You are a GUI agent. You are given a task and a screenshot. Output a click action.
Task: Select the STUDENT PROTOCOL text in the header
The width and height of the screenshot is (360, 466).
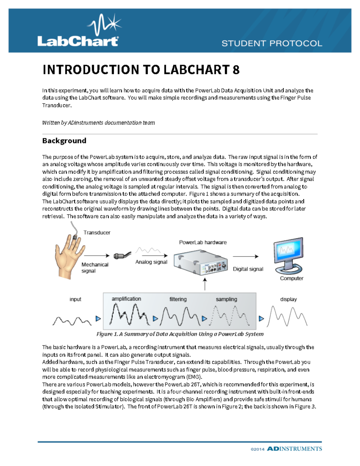point(272,44)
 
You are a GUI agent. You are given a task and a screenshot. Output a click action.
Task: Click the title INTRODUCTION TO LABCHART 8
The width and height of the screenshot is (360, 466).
point(141,70)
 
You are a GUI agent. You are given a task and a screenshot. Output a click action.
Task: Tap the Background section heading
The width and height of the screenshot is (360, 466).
point(64,141)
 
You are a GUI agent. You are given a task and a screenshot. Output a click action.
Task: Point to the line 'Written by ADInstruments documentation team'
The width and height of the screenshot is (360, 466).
point(98,123)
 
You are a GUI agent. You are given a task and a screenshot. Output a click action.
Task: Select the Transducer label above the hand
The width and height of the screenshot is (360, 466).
point(97,233)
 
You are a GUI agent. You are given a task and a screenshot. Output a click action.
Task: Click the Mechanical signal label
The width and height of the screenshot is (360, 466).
point(94,268)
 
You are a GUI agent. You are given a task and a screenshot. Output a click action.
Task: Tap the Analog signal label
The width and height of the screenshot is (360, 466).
point(151,262)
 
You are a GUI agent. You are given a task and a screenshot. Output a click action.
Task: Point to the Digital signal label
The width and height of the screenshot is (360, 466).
point(248,269)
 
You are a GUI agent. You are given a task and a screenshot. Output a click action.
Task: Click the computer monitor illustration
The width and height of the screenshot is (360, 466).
point(288,255)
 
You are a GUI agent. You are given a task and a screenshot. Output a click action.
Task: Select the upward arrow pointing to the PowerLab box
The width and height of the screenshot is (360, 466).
point(205,284)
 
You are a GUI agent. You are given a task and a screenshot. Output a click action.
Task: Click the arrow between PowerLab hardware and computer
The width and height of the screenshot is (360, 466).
point(245,257)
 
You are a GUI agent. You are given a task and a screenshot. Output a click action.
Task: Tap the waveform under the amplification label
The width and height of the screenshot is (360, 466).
point(129,315)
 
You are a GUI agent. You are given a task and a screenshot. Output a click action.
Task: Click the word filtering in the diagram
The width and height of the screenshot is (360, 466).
point(178,299)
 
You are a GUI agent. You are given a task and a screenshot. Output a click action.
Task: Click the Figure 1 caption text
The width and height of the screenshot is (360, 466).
point(180,334)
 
